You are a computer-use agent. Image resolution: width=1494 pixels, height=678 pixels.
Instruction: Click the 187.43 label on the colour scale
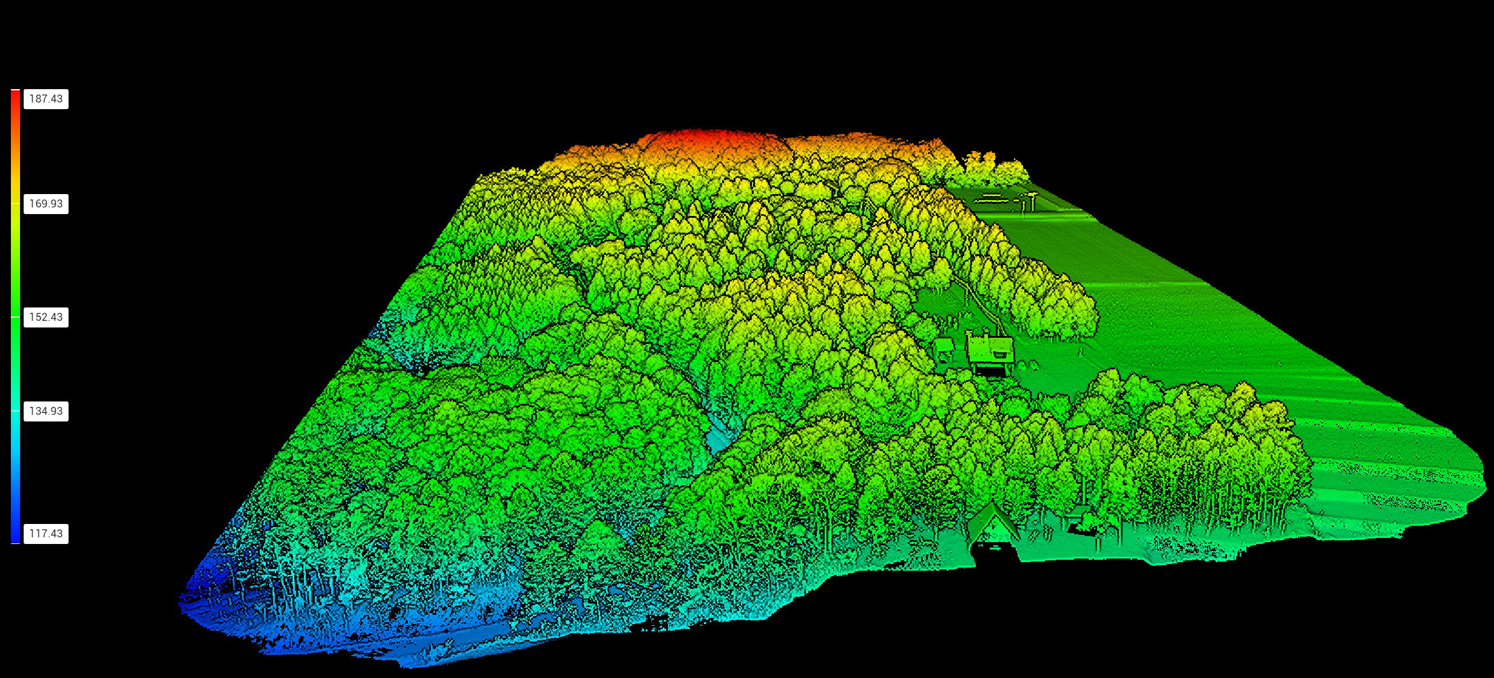[46, 99]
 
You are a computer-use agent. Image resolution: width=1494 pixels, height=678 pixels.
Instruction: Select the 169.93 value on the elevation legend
[46, 204]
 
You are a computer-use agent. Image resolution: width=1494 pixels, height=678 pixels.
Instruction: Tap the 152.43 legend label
[46, 317]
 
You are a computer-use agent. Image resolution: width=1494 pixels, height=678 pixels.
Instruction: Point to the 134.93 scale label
[46, 411]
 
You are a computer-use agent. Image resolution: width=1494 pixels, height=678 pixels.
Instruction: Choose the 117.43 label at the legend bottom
[46, 534]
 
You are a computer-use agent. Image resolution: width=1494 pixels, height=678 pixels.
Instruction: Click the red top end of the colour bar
[15, 95]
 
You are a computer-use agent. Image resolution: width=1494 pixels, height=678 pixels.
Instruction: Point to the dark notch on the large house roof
[999, 354]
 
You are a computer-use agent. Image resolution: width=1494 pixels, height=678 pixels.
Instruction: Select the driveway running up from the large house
[977, 303]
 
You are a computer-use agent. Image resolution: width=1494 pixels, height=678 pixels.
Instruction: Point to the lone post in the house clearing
[1081, 350]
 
